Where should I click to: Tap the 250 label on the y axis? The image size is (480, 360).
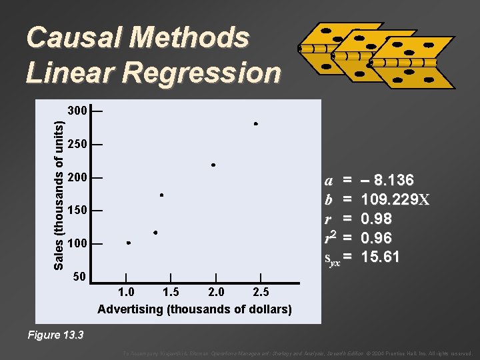click(77, 144)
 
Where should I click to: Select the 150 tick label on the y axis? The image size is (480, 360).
click(77, 211)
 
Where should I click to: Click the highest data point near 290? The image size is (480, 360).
click(255, 124)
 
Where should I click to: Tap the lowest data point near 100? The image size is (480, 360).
click(128, 243)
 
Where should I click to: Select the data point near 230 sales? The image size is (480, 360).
click(213, 165)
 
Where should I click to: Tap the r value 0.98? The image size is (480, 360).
click(376, 219)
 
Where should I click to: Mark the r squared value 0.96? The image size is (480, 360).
click(376, 237)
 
